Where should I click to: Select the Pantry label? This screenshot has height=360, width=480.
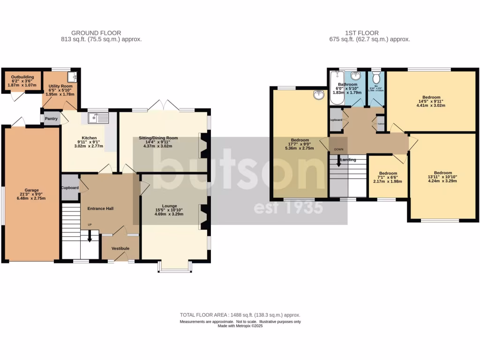pos(51,119)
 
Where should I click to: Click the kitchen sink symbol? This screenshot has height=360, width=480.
pos(97,118)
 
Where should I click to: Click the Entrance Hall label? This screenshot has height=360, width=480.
pos(100,209)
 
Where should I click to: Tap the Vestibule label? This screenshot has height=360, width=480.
pos(120,248)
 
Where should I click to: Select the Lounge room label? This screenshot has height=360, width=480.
pos(170,206)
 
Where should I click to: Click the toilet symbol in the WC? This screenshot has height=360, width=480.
pos(376,78)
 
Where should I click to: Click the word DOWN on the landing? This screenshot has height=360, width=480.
pos(338,150)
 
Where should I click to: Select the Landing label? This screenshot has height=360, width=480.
pos(348,160)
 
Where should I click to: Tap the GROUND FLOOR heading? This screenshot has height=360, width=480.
pos(96,33)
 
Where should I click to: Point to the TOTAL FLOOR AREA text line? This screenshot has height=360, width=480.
pos(240,315)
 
